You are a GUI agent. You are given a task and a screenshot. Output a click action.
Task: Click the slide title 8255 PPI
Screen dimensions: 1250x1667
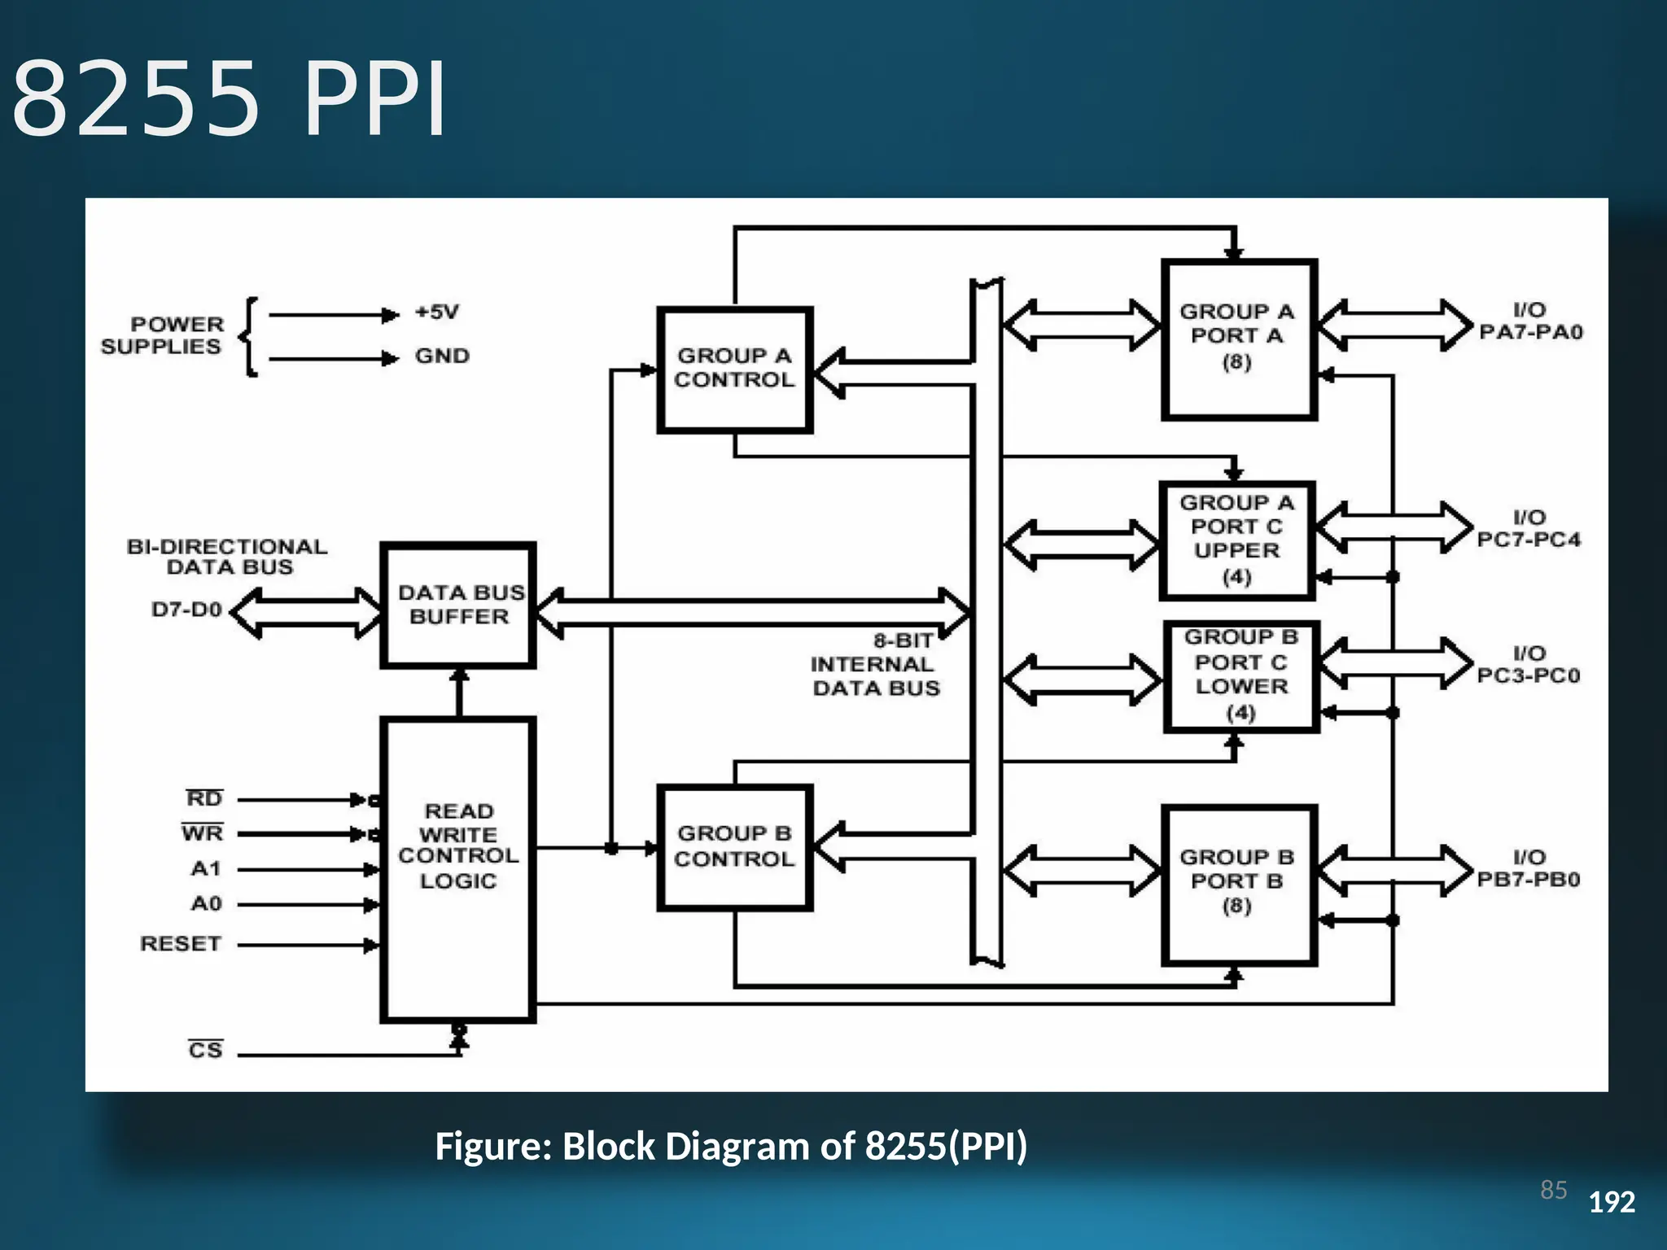click(x=230, y=99)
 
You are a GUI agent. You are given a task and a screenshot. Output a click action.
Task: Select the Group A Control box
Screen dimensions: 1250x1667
click(x=734, y=369)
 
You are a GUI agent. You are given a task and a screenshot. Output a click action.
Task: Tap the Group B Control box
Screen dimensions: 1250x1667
click(x=734, y=846)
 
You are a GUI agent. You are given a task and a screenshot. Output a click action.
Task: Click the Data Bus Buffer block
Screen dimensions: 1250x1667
click(x=459, y=605)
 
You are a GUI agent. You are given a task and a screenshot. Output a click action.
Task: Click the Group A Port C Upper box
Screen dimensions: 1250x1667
click(x=1236, y=540)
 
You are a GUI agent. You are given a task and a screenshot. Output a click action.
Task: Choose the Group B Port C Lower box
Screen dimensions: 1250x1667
click(x=1240, y=675)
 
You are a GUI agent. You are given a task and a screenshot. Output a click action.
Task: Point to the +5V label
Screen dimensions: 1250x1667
click(x=438, y=312)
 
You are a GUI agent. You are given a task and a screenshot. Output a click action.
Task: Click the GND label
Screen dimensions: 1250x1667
click(x=442, y=356)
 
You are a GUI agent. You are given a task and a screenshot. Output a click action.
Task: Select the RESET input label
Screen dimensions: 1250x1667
click(x=181, y=944)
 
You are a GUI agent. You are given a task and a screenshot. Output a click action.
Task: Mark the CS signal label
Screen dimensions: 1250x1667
click(x=205, y=1050)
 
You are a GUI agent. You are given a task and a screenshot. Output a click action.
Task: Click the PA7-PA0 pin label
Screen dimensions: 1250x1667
click(x=1530, y=332)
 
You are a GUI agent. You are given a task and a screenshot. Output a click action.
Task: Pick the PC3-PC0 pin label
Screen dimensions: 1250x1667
click(x=1529, y=675)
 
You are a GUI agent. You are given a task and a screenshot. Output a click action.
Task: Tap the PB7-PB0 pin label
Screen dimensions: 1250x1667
click(x=1529, y=880)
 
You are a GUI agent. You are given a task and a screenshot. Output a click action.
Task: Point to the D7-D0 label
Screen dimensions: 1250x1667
click(x=186, y=610)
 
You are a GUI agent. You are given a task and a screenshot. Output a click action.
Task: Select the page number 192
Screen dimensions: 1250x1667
click(x=1612, y=1202)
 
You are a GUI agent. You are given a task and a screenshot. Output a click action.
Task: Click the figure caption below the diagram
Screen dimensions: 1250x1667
click(x=731, y=1146)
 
